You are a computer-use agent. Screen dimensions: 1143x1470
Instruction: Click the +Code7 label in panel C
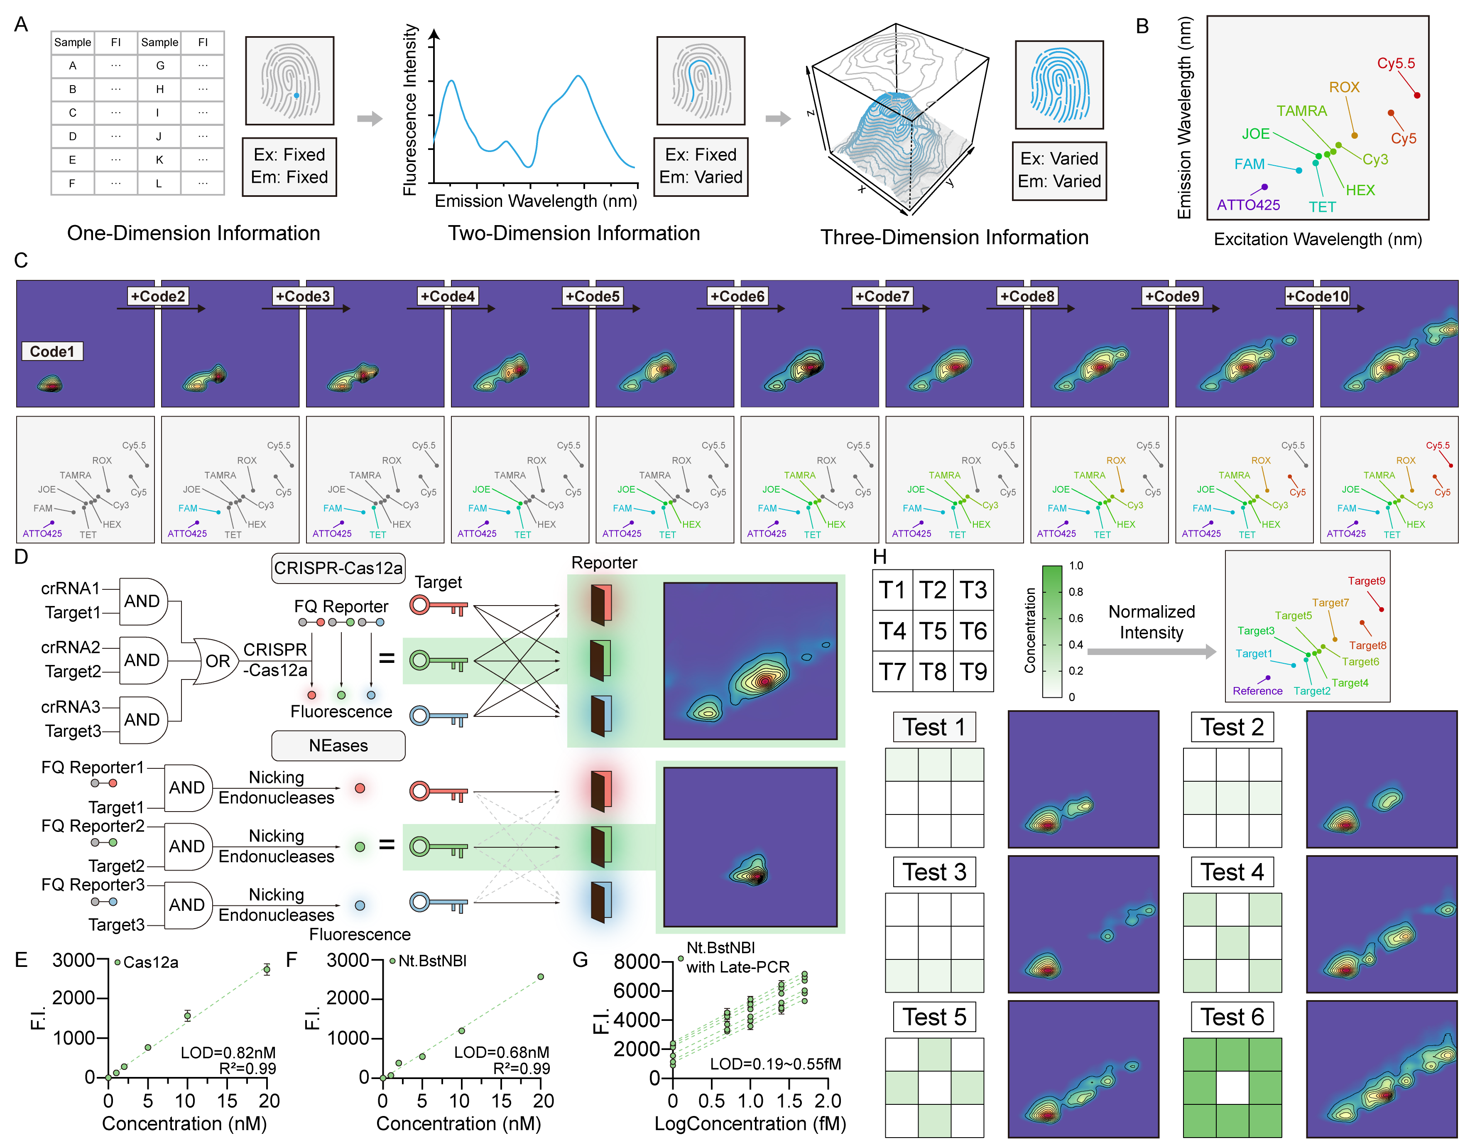(x=882, y=296)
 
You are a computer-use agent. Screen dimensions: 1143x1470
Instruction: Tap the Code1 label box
(x=52, y=351)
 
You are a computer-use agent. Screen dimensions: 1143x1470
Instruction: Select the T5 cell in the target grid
(x=933, y=631)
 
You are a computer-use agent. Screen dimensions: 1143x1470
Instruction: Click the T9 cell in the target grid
(x=973, y=671)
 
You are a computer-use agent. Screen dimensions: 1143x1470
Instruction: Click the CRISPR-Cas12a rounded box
(x=338, y=568)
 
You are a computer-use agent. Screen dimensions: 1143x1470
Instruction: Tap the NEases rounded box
(x=338, y=745)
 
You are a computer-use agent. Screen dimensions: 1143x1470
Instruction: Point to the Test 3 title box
(x=934, y=872)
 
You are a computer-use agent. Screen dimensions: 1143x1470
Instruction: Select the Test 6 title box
(x=1232, y=1016)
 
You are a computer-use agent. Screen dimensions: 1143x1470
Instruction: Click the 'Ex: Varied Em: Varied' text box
(x=1059, y=170)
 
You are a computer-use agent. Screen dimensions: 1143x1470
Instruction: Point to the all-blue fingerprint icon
(x=1059, y=85)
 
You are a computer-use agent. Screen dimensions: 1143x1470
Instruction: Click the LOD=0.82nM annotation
(x=228, y=1052)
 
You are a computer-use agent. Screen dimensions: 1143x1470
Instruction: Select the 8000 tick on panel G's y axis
(x=636, y=961)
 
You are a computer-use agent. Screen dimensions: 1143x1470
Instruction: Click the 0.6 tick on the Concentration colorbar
(x=1076, y=618)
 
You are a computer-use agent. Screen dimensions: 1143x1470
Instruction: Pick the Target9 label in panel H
(x=1366, y=581)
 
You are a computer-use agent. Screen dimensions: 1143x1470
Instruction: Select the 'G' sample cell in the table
(x=159, y=65)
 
